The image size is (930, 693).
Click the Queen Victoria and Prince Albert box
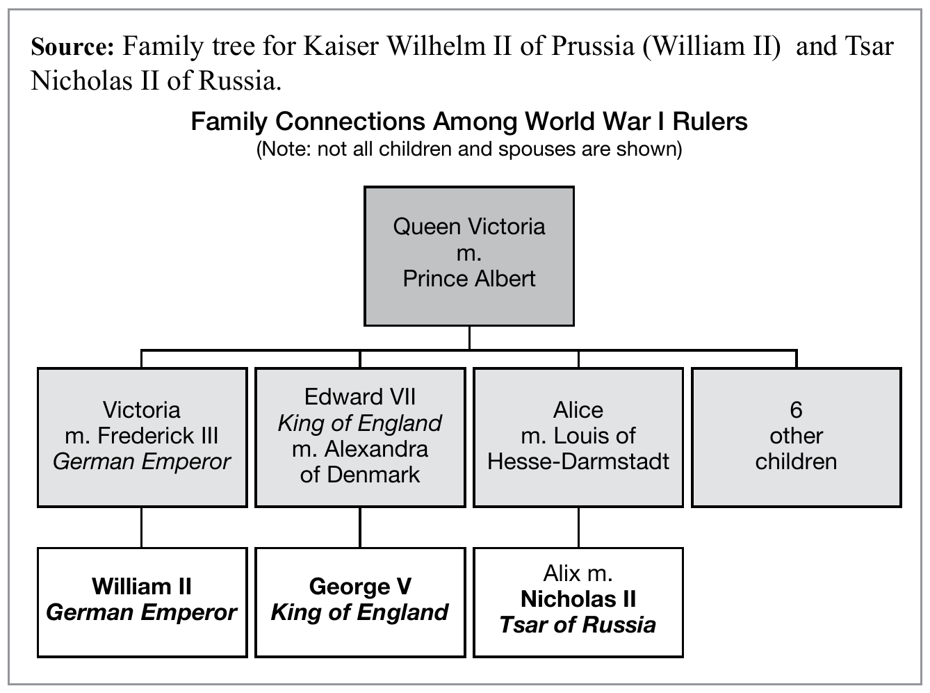tap(469, 255)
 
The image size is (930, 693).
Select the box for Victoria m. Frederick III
tap(142, 437)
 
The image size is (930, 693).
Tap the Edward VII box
tap(360, 437)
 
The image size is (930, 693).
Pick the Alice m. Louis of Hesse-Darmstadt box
tap(578, 437)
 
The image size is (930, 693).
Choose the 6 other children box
tap(797, 437)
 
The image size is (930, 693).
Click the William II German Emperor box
tap(142, 602)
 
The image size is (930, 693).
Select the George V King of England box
tap(360, 602)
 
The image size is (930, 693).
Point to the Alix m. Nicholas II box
tap(578, 602)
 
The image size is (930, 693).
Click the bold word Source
tap(72, 47)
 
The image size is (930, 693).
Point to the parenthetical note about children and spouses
tap(469, 149)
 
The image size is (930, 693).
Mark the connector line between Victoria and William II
tap(142, 528)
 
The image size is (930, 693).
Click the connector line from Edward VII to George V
tap(360, 528)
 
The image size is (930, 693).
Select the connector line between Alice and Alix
tap(578, 528)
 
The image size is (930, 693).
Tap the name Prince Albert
tap(469, 279)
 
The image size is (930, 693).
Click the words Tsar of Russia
tap(578, 625)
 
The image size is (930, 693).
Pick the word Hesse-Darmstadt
tap(578, 462)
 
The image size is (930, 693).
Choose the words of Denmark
tap(360, 475)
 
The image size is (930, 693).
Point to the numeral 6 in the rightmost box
tap(797, 410)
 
